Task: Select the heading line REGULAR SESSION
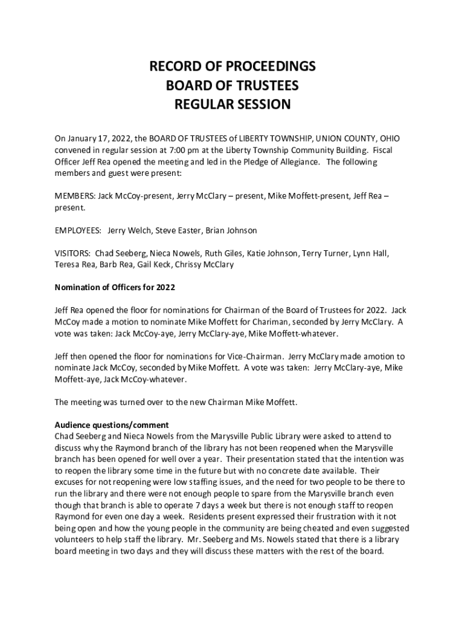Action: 232,105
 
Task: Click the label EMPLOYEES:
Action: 79,230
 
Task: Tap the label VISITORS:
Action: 72,253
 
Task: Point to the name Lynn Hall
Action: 371,253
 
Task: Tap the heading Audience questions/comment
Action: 112,425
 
